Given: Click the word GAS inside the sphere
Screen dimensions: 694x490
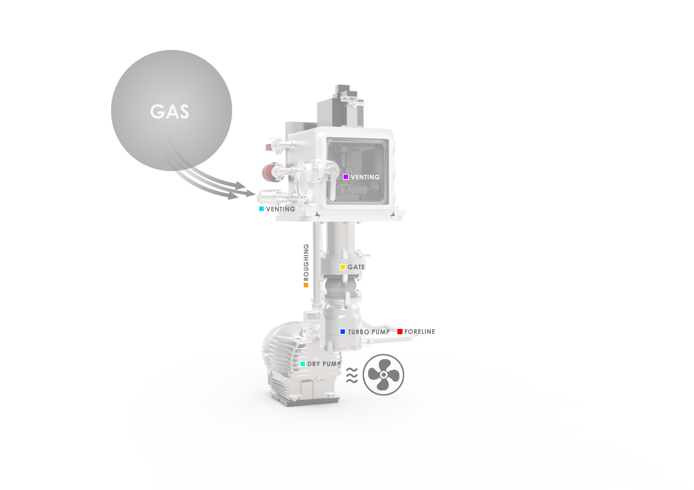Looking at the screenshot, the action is pyautogui.click(x=169, y=112).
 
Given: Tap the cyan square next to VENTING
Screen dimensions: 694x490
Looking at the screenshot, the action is pyautogui.click(x=261, y=209).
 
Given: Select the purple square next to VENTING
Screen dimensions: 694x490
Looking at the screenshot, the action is pyautogui.click(x=346, y=177).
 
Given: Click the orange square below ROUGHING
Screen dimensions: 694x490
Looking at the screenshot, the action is pyautogui.click(x=306, y=285).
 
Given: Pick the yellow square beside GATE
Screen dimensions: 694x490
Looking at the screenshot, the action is pyautogui.click(x=342, y=267).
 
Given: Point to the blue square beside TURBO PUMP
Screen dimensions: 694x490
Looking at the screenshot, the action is pyautogui.click(x=342, y=332).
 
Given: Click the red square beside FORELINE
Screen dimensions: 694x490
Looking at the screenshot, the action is pyautogui.click(x=400, y=332).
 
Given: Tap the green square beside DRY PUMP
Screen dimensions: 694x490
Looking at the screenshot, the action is pyautogui.click(x=303, y=364).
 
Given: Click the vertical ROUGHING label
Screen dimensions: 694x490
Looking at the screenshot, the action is pyautogui.click(x=306, y=262).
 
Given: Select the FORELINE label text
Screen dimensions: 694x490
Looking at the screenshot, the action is pyautogui.click(x=420, y=332).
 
